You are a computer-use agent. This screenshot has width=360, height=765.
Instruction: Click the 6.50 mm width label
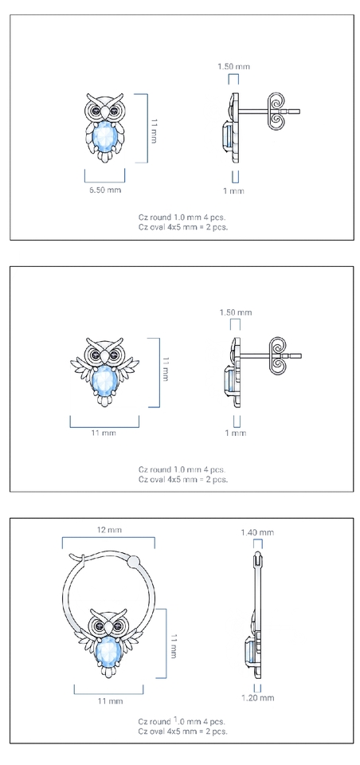pyautogui.click(x=105, y=190)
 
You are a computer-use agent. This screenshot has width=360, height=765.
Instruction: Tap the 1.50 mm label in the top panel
pyautogui.click(x=233, y=66)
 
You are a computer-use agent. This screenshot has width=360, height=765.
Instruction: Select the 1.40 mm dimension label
pyautogui.click(x=257, y=532)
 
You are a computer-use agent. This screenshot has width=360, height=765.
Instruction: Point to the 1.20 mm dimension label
pyautogui.click(x=258, y=698)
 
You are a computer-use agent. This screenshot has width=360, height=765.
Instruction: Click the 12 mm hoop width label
pyautogui.click(x=108, y=530)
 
